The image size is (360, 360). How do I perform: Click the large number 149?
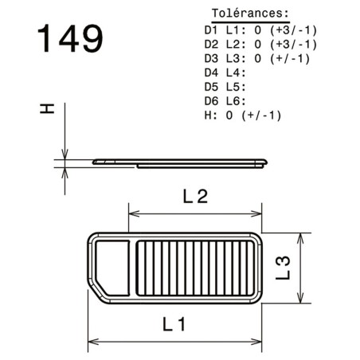[x=70, y=38]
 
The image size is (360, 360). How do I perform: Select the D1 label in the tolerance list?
[x=211, y=30]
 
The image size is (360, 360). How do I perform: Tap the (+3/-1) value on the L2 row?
[x=294, y=45]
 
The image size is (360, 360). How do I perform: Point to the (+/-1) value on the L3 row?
[x=290, y=59]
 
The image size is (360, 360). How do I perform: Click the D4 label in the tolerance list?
[x=211, y=72]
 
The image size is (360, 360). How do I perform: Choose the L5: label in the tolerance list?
[x=236, y=87]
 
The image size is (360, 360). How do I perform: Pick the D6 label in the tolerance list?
[x=211, y=101]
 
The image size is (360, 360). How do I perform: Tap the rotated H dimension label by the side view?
[x=47, y=109]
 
